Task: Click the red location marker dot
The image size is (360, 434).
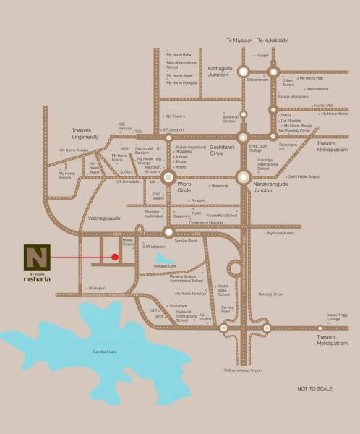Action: point(115,256)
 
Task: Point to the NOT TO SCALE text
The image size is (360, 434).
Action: point(315,389)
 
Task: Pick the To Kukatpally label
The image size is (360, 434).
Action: point(277,41)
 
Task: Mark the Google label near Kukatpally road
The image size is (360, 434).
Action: point(262,55)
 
